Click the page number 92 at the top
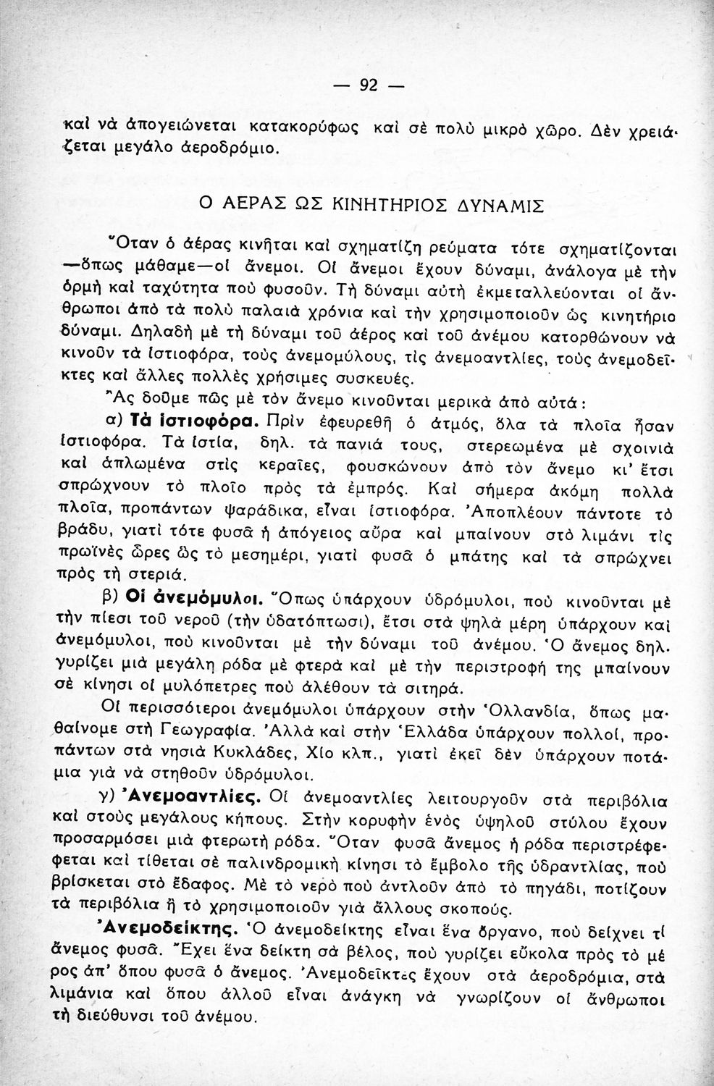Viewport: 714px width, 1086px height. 369,85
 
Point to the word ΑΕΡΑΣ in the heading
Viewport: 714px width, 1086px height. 243,204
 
